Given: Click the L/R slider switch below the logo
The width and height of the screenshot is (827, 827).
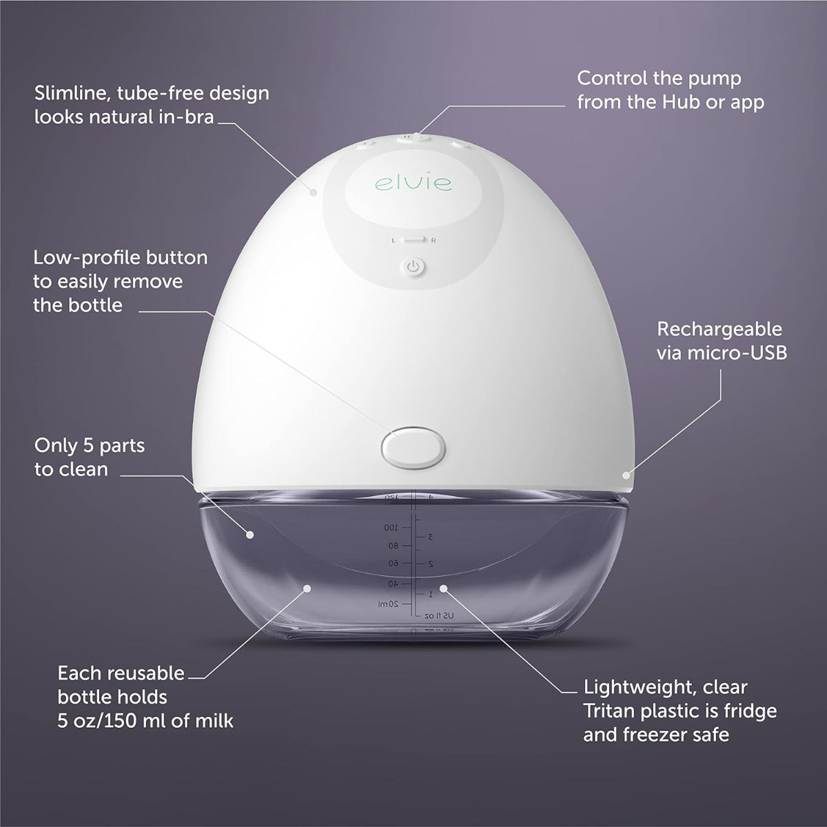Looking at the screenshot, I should (413, 240).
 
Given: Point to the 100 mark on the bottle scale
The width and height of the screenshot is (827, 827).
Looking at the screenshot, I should (391, 527).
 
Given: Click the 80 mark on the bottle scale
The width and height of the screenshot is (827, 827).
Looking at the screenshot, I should (393, 546).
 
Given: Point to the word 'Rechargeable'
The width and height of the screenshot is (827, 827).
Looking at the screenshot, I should (719, 329).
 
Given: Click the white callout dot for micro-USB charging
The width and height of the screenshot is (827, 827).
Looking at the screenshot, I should (626, 474).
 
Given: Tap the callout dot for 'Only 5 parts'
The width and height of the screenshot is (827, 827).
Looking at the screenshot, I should (250, 533).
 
